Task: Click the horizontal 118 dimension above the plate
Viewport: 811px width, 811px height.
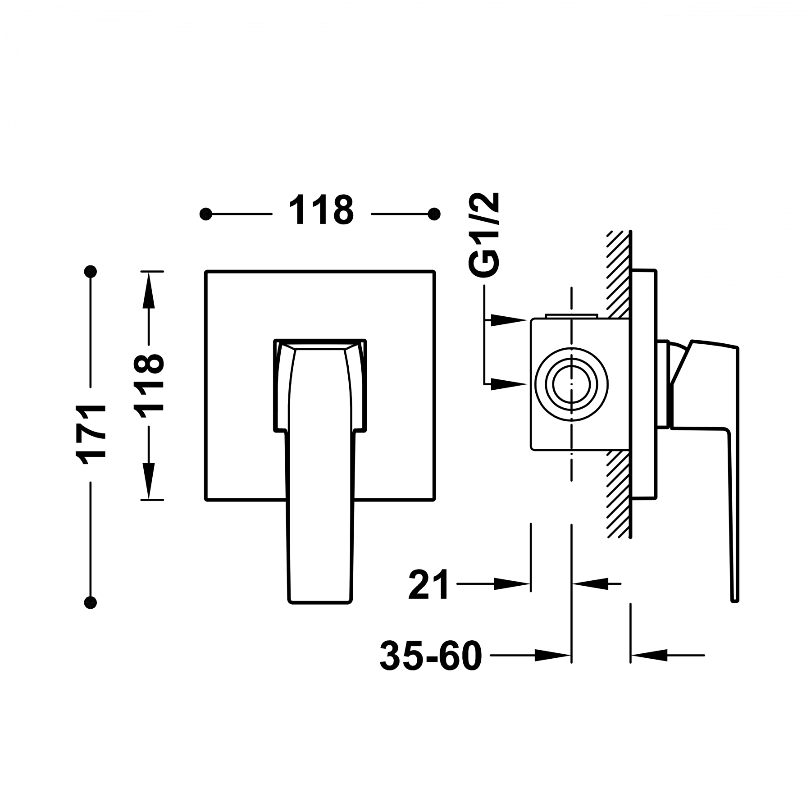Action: tap(321, 210)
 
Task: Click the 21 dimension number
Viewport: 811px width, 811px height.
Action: tap(429, 585)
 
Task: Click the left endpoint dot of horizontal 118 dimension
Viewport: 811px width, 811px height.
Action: tap(206, 214)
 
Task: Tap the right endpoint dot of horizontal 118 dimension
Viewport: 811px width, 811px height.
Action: tap(434, 214)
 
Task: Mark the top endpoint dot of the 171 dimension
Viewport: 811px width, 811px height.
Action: tap(91, 271)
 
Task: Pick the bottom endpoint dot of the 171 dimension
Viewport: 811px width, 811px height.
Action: tap(91, 602)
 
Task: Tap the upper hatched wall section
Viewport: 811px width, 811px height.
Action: tap(617, 270)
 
